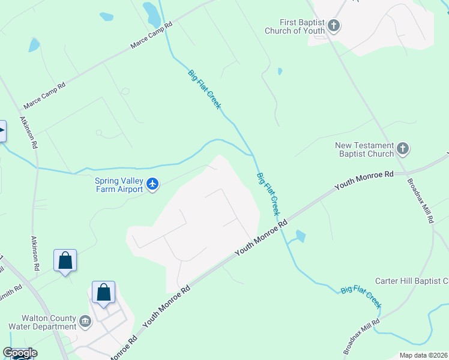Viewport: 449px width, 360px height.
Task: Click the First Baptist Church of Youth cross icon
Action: tap(334, 26)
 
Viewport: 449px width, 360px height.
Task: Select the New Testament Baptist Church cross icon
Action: tap(403, 148)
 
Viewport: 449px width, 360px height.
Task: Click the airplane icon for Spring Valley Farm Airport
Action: tap(152, 184)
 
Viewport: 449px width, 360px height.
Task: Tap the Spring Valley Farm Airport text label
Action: tap(119, 185)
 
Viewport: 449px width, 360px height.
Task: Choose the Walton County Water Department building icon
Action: tap(85, 322)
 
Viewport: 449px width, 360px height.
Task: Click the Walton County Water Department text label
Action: tap(41, 322)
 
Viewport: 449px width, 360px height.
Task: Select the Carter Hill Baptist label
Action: tap(412, 281)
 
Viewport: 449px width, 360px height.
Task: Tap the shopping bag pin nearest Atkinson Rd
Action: tap(65, 261)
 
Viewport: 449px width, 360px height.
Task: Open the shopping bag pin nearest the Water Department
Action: tap(103, 293)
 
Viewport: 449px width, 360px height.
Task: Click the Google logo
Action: tap(19, 353)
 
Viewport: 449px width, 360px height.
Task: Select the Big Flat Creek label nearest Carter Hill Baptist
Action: tap(361, 296)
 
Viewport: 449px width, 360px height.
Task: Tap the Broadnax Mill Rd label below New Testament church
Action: tap(420, 200)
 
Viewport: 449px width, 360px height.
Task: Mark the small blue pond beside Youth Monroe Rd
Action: tap(300, 236)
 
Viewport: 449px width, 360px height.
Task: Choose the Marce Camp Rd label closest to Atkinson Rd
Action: tap(44, 96)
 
